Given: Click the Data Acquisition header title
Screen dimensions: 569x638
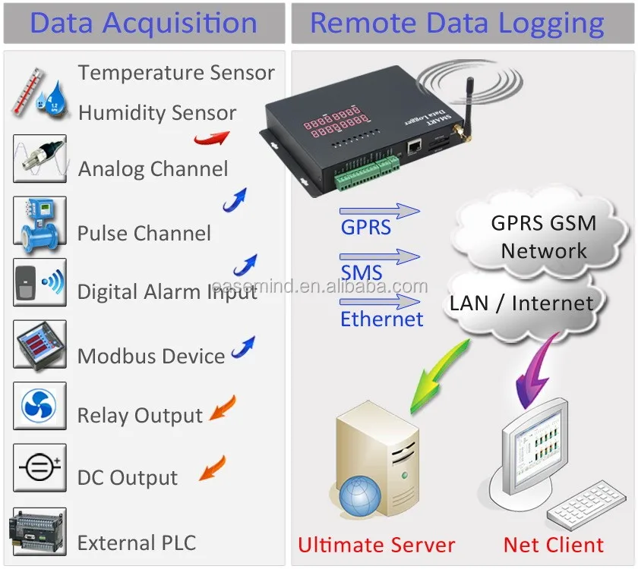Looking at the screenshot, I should (144, 24).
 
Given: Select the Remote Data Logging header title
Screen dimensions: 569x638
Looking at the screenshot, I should (457, 24).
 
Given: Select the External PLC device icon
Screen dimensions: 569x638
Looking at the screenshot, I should (37, 532).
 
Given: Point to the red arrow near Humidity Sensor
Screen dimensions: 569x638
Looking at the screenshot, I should (211, 138).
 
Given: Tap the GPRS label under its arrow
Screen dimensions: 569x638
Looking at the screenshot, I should (365, 227).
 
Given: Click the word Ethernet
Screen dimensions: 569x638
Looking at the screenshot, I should (381, 319).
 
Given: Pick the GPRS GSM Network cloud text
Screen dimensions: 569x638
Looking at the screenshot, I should (544, 237).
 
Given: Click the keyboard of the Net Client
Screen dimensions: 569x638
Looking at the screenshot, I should (586, 504).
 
